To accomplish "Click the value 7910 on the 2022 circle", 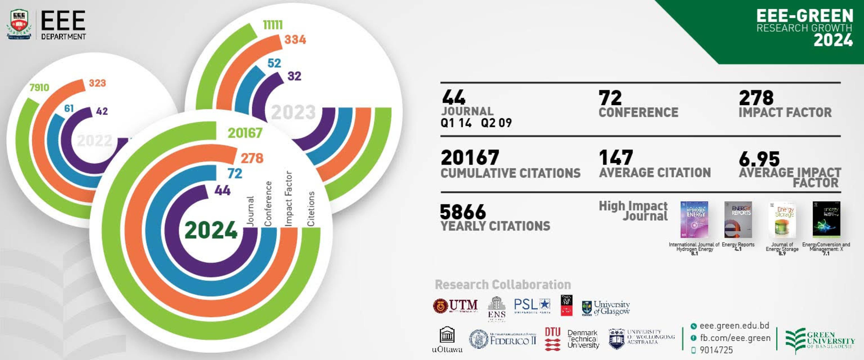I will (x=39, y=87).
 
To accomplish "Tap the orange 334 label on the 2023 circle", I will (x=295, y=40).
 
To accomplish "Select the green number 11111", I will (x=273, y=25).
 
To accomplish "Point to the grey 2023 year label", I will (x=293, y=112).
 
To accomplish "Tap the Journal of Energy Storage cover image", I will (x=782, y=220).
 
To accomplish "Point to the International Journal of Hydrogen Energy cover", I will (x=694, y=220).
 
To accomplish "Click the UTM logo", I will (x=455, y=306).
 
